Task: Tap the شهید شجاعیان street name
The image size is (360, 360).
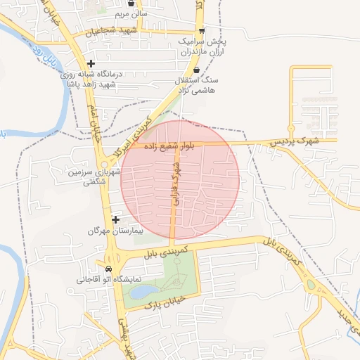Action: coord(110,32)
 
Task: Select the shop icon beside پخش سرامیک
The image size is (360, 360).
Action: coord(202,30)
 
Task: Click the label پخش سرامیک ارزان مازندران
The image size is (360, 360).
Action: coord(186,47)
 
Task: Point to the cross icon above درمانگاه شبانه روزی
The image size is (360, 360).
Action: coord(91,63)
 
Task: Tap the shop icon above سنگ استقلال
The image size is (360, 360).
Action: coord(196,70)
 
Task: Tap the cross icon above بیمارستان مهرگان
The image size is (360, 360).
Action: coord(115,220)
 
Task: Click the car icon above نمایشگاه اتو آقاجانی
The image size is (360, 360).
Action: coord(108,269)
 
